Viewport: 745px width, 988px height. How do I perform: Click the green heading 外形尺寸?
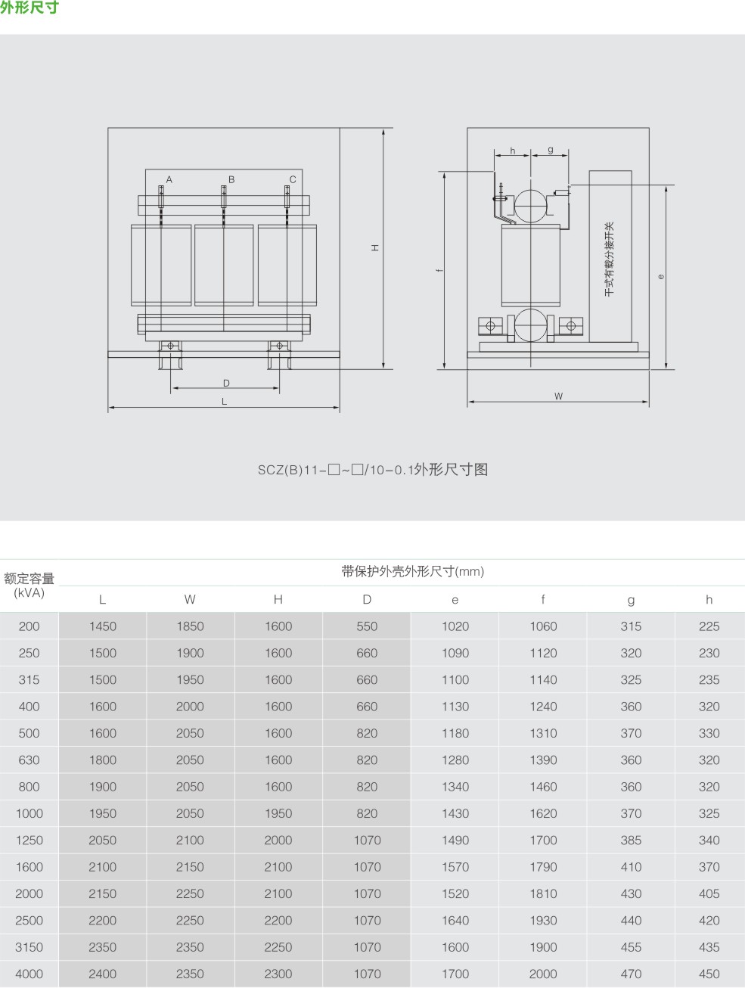point(29,8)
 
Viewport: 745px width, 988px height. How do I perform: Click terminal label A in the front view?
point(169,179)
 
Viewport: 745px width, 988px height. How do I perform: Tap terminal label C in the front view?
point(293,179)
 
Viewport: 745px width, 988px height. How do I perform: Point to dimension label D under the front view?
point(226,383)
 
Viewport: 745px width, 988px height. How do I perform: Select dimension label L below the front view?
point(224,402)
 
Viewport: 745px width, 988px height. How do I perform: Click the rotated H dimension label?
point(375,248)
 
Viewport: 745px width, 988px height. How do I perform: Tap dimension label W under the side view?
point(558,396)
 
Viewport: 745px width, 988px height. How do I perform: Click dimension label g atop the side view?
point(550,150)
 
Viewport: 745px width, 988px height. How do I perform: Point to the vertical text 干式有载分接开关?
point(609,259)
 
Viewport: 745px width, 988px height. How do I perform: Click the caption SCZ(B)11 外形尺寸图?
point(372,470)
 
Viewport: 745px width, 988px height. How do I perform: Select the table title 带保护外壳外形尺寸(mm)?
point(412,571)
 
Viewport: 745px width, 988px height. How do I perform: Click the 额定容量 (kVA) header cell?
point(29,585)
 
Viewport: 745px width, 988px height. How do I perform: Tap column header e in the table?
point(455,600)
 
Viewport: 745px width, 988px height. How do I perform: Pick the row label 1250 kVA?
point(29,840)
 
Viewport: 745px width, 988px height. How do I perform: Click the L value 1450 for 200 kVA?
point(103,626)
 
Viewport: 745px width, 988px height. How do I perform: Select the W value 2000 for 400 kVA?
point(190,707)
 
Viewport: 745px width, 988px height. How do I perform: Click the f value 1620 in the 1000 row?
point(543,813)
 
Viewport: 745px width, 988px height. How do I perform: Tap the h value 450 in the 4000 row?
point(709,974)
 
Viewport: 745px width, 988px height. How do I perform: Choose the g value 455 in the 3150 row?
point(631,947)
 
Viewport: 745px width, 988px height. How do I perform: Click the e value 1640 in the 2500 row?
point(455,921)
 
